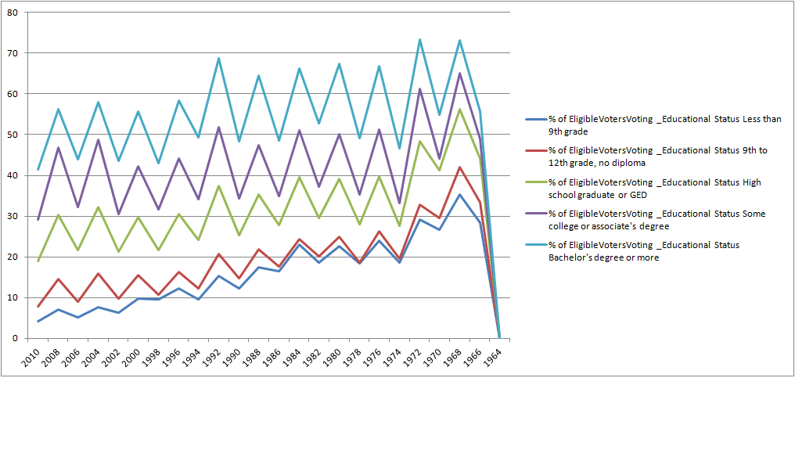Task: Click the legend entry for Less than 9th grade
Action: pos(656,125)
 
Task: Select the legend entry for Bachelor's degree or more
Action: pos(656,250)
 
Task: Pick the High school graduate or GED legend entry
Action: pos(656,188)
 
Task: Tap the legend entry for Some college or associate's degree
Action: pos(656,219)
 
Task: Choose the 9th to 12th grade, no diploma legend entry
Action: pos(656,157)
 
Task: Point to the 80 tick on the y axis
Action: pos(16,13)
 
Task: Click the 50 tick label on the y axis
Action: pos(16,135)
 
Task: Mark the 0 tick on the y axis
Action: pos(18,338)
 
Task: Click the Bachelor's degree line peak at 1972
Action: pos(419,39)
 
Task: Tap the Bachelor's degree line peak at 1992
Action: pos(218,58)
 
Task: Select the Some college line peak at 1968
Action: pos(460,73)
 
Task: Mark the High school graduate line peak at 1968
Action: pos(460,109)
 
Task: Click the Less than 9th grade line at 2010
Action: pos(38,321)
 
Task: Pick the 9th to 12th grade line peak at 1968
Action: pos(460,167)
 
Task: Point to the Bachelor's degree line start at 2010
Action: pos(38,170)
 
